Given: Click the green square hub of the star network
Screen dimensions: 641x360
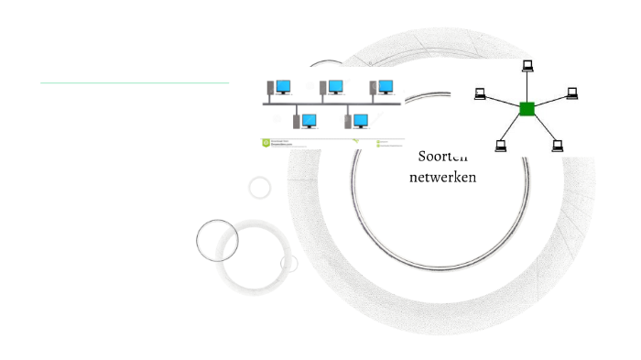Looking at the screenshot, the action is tap(527, 109).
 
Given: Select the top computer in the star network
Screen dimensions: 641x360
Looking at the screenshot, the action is tap(527, 65).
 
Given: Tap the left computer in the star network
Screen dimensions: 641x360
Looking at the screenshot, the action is tap(480, 93).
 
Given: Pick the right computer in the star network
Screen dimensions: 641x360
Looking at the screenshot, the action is tap(572, 93).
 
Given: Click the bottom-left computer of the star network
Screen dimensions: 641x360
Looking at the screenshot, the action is tap(501, 145).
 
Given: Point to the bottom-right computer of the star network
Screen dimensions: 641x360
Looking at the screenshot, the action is tap(558, 145).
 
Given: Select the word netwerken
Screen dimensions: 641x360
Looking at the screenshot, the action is tap(442, 177).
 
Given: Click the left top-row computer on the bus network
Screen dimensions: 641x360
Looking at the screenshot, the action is tap(280, 87).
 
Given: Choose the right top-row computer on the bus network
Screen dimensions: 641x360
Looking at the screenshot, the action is tap(383, 87).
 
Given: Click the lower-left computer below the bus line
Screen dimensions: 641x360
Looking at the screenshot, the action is tap(306, 121).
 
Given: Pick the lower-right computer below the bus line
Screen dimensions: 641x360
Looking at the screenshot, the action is tap(357, 121).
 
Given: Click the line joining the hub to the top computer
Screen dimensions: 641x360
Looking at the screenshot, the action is tap(527, 86).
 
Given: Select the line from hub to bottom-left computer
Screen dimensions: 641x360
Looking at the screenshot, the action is tap(513, 127).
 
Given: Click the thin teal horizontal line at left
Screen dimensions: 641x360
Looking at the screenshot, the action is tap(134, 82).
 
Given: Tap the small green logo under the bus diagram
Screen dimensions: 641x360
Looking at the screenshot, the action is tap(266, 142).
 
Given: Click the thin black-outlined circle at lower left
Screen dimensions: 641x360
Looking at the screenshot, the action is tap(217, 241).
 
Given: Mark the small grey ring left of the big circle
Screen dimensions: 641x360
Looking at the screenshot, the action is tap(260, 188).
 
